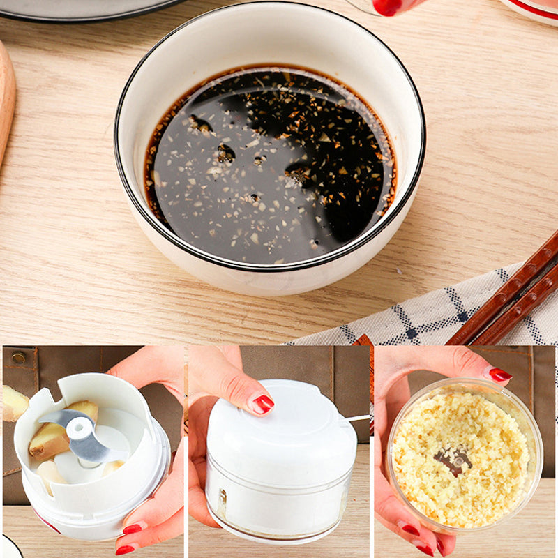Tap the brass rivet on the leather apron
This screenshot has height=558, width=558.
click(19, 358)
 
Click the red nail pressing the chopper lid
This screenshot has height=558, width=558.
click(263, 403)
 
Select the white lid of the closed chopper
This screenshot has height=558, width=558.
click(279, 425)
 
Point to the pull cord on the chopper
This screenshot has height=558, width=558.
click(357, 418)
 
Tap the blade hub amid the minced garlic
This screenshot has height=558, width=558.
click(453, 460)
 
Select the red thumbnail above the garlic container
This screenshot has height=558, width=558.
click(499, 375)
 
